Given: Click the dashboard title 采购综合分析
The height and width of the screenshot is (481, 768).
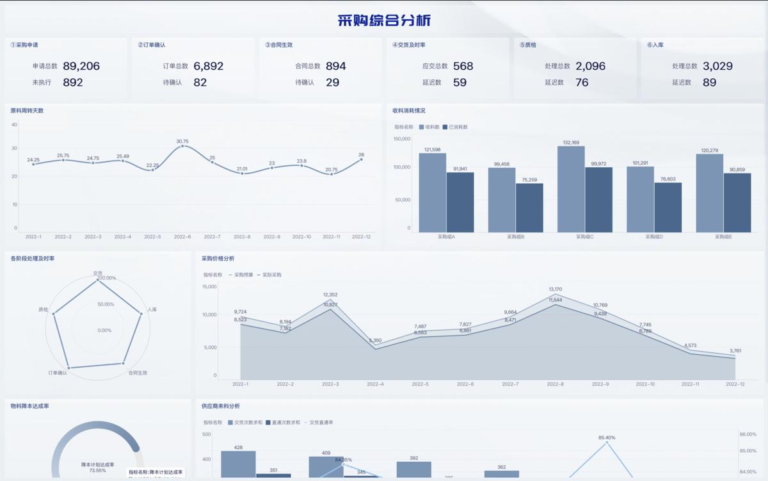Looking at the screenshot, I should (384, 20).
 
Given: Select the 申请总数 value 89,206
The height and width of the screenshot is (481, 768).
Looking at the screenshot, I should (81, 66).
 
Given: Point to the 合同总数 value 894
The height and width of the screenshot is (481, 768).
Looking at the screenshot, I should (335, 66).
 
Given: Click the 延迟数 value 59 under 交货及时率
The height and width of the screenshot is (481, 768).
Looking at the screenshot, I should (460, 83).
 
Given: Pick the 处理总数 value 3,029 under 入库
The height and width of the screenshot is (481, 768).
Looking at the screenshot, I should (717, 66).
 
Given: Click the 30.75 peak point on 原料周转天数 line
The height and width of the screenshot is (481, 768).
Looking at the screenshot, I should (182, 146).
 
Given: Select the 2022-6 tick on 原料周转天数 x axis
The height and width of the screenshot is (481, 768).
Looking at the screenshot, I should (182, 237).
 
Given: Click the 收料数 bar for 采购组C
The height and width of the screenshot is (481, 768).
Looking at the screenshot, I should (571, 189).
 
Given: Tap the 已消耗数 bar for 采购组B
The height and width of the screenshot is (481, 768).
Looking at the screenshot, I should (529, 208).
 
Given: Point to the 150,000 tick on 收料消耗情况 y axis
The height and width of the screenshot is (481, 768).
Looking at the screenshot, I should (401, 138).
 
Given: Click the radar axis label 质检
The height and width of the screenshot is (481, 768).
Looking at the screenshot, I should (44, 309).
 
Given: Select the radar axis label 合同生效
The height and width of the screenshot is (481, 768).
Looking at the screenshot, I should (138, 372).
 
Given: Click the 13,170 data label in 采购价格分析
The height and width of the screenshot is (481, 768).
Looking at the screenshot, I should (555, 289).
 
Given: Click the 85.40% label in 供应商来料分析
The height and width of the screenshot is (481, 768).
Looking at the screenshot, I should (607, 438).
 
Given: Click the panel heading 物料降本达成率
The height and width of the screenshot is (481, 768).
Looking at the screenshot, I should (30, 405).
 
